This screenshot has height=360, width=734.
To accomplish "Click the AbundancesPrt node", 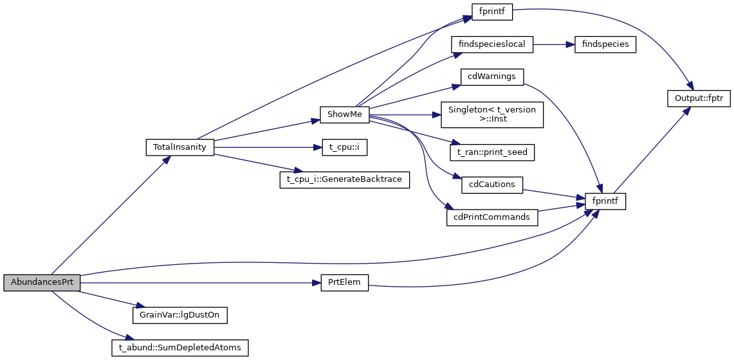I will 42,283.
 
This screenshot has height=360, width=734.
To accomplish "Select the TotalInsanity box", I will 179,147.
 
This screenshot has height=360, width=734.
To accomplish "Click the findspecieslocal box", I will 493,44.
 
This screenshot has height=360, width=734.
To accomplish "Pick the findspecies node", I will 600,44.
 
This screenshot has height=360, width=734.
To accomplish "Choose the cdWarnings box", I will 492,76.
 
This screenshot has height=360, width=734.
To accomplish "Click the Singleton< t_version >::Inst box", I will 492,114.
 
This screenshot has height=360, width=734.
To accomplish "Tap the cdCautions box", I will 492,184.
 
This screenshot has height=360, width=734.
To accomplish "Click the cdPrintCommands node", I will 492,217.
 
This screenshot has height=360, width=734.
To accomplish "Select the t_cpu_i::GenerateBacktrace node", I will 344,179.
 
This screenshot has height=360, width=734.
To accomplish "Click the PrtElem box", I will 344,283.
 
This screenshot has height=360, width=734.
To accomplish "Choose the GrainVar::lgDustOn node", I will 179,315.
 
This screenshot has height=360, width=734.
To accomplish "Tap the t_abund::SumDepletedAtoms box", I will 179,348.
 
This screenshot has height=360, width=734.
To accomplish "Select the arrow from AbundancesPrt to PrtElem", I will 199,283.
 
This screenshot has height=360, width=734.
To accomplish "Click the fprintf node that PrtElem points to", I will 605,201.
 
